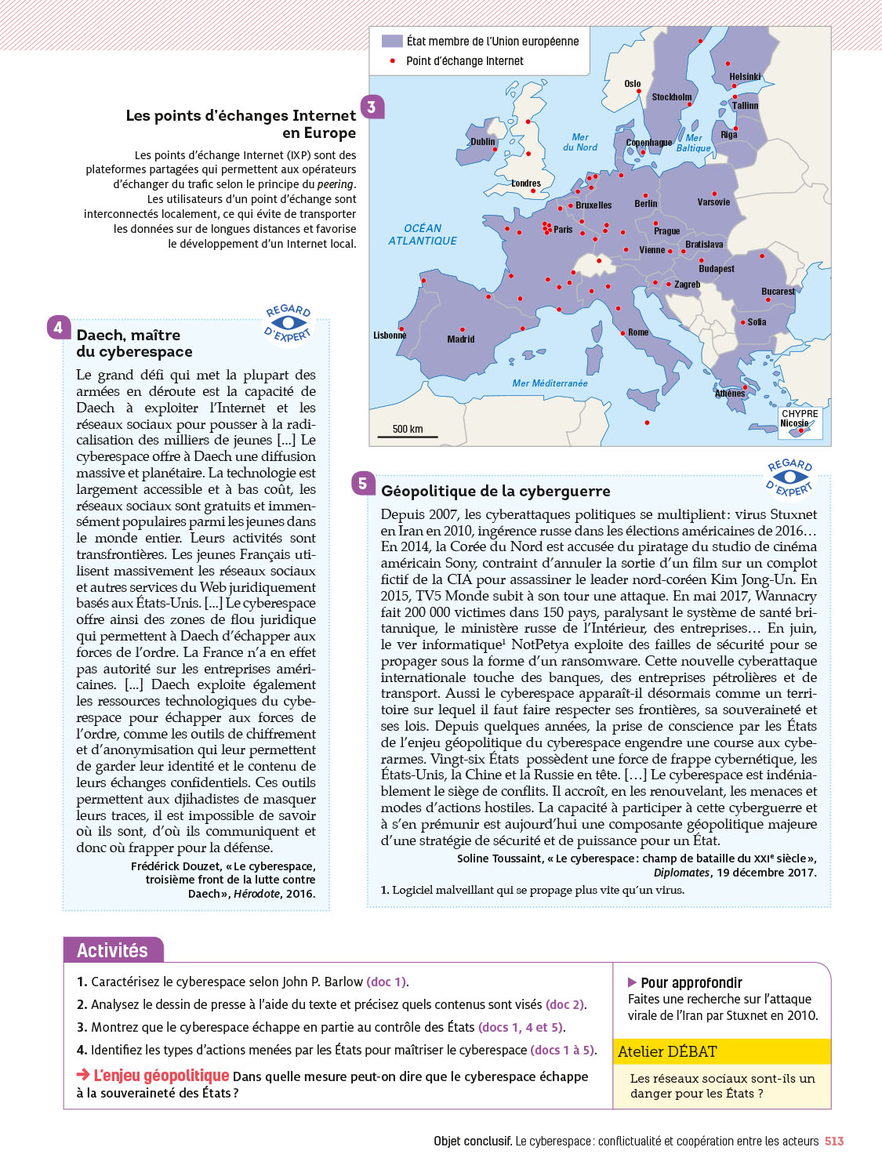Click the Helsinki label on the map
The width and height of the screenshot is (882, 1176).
(x=745, y=77)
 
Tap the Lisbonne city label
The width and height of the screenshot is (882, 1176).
(x=390, y=336)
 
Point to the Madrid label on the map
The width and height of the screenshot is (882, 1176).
(x=461, y=339)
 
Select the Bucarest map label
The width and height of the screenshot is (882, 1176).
(x=778, y=292)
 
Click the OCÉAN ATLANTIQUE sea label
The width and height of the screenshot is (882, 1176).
(x=423, y=234)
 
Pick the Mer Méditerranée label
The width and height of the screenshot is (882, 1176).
(x=550, y=383)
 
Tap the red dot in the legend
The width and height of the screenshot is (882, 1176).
(x=392, y=60)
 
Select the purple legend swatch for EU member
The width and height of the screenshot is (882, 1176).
(x=392, y=41)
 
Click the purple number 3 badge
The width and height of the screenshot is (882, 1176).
(x=372, y=107)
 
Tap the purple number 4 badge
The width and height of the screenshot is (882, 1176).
(x=58, y=328)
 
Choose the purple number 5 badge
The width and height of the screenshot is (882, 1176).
(x=362, y=484)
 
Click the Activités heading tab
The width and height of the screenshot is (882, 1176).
(x=112, y=950)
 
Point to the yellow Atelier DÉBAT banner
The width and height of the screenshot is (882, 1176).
(x=721, y=1051)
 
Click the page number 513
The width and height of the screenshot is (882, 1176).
(x=834, y=1142)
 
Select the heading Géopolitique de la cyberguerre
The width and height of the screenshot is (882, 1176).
(x=495, y=492)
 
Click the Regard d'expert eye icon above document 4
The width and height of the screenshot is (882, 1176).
(x=289, y=323)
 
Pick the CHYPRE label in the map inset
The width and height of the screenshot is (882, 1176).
(x=800, y=413)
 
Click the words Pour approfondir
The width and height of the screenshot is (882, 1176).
(x=691, y=983)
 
